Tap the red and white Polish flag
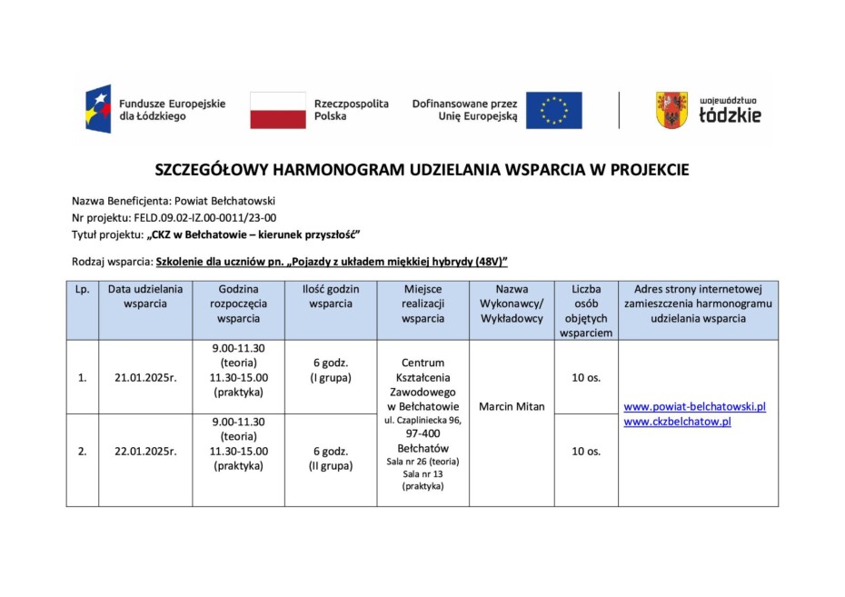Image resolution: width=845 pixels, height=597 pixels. point(277,110)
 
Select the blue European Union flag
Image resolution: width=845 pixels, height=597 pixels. point(553,110)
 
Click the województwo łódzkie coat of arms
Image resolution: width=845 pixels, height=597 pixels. point(671,110)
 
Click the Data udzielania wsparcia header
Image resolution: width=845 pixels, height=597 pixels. point(145,296)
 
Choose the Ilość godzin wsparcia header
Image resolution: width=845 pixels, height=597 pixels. point(331,296)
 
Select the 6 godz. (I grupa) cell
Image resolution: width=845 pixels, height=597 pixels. point(331,370)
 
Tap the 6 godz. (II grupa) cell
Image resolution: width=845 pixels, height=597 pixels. point(331,458)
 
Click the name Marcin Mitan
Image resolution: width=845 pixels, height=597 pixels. point(512,406)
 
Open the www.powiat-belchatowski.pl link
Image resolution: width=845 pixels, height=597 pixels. point(695,406)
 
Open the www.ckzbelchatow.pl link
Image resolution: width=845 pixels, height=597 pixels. point(678,422)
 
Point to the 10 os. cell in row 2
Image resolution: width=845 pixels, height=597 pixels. point(586,451)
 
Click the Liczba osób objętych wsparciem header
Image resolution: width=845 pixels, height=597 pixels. point(586,311)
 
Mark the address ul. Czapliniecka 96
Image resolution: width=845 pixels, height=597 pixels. point(422,421)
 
